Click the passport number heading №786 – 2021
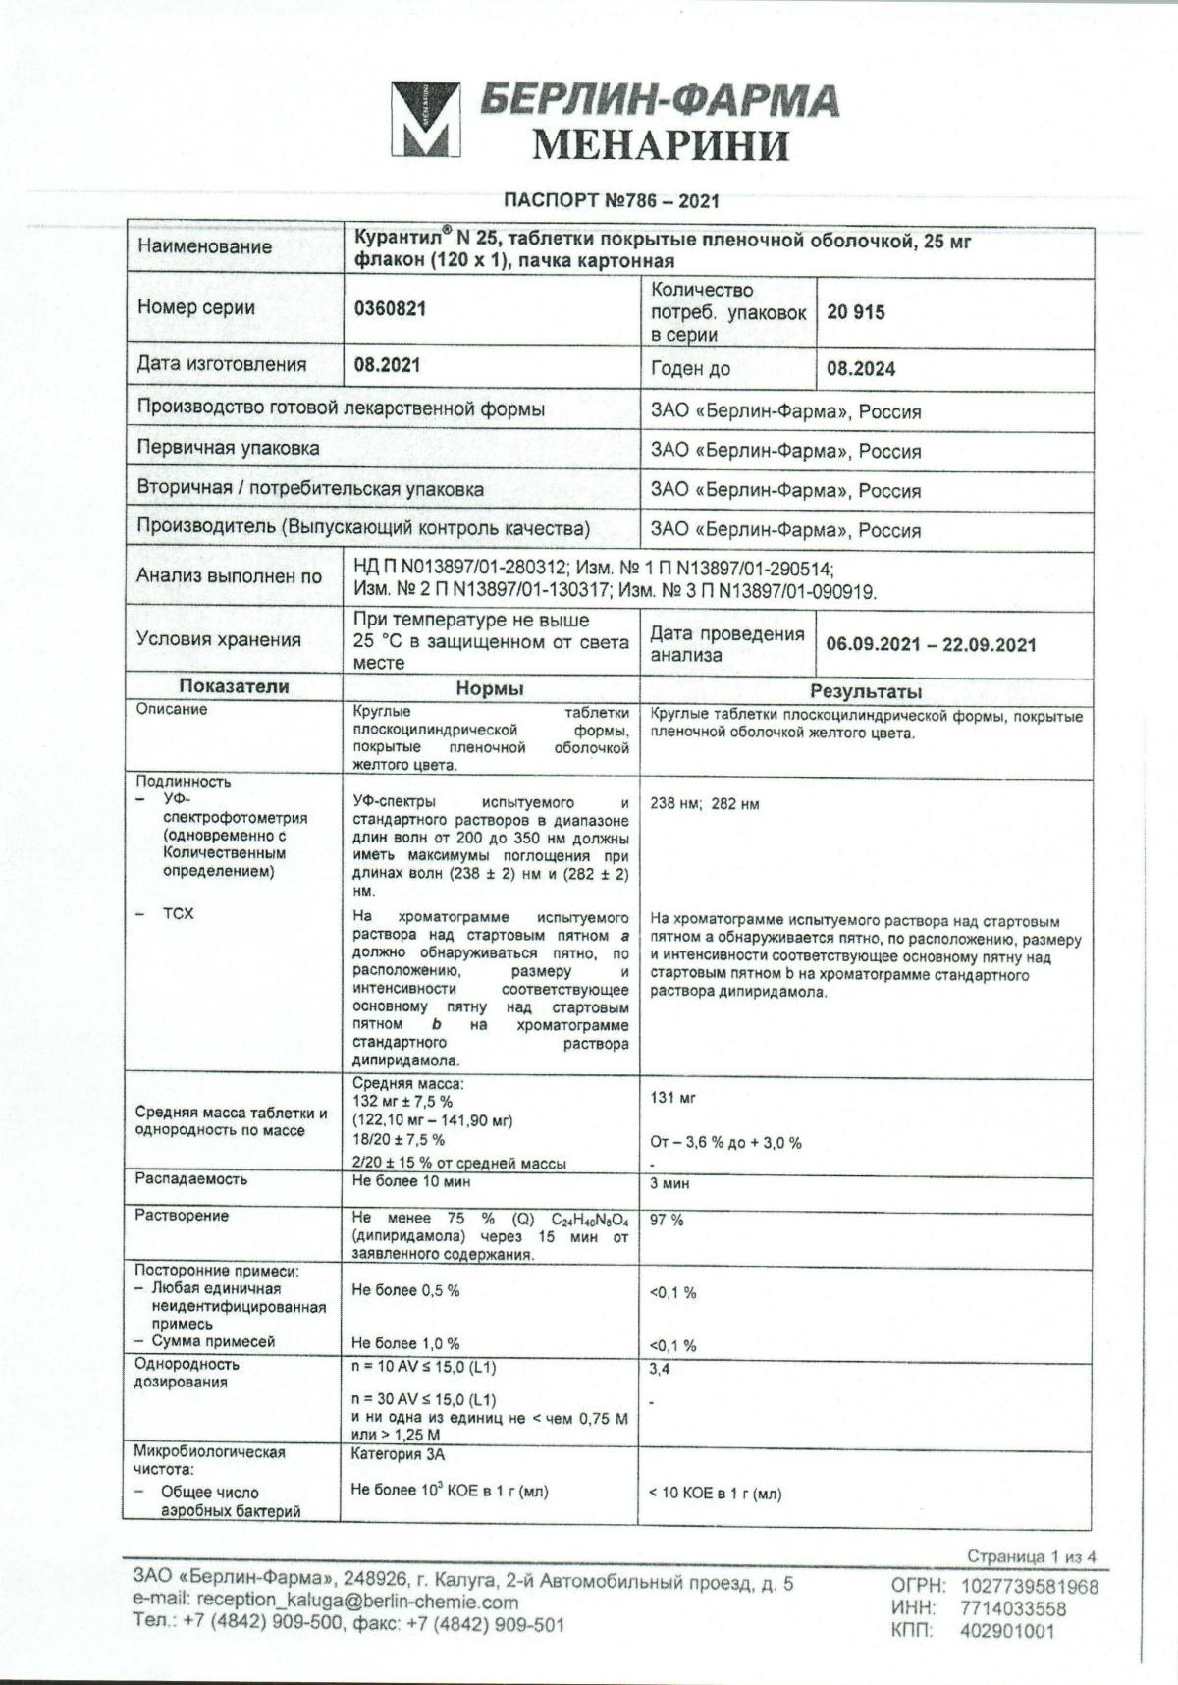(611, 201)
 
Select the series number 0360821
(390, 309)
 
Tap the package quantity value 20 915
(855, 312)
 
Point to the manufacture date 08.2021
(387, 365)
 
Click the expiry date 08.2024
(861, 369)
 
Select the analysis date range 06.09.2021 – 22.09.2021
(931, 644)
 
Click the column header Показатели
(233, 687)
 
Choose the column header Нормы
(489, 689)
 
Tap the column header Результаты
(865, 691)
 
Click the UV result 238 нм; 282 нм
(704, 804)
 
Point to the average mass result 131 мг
(672, 1098)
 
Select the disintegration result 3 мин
(669, 1183)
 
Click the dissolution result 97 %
(667, 1220)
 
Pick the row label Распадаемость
(191, 1178)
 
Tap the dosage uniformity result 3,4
(660, 1368)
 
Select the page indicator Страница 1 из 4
(1031, 1556)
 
